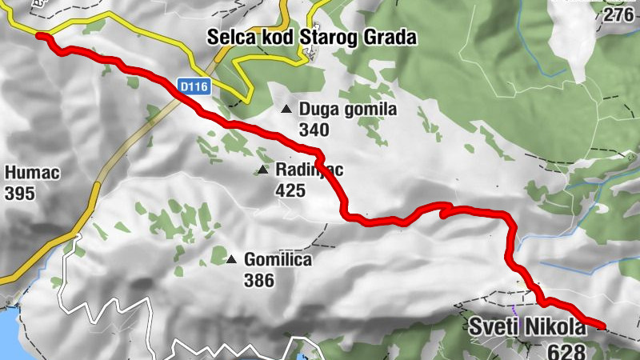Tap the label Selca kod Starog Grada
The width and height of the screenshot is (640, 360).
coord(311,37)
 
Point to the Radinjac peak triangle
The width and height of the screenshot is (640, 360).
coord(262,170)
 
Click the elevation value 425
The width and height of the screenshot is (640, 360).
coord(289,190)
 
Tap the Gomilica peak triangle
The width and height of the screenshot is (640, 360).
coord(231,259)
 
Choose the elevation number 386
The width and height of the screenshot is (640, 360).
coord(259,280)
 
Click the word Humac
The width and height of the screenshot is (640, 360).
coord(32,173)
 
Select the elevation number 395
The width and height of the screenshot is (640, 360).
coord(19,193)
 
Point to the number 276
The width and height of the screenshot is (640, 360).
coord(619,15)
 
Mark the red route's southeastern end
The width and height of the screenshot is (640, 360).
coord(602,326)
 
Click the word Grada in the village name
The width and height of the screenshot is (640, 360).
coord(392,37)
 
